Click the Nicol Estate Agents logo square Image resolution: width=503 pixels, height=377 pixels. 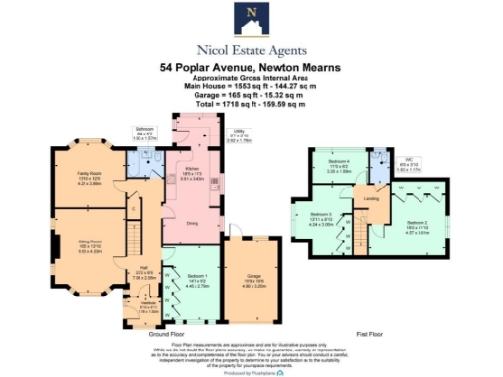pyautogui.click(x=251, y=18)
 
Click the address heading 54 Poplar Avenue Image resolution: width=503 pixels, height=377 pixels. pyautogui.click(x=251, y=68)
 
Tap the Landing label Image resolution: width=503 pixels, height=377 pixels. pyautogui.click(x=373, y=199)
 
